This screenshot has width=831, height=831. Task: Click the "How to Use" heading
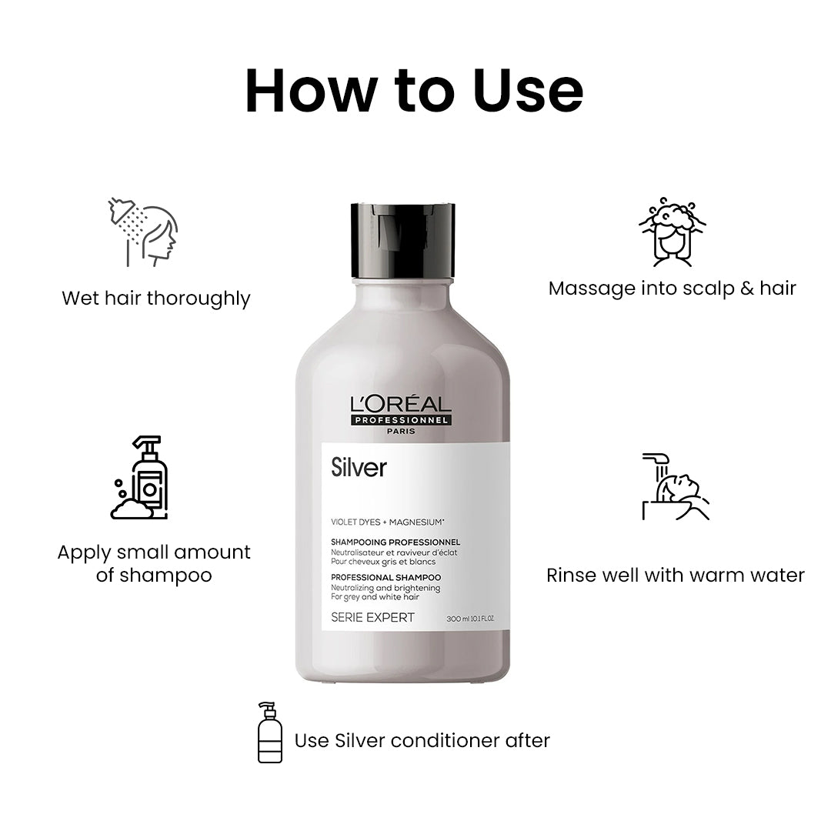[x=414, y=91]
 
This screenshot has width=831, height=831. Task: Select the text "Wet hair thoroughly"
[x=156, y=298]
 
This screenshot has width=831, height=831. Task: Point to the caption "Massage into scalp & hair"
[x=672, y=289]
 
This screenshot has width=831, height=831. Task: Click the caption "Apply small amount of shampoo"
[x=154, y=563]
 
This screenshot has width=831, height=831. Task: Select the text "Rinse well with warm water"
[x=675, y=575]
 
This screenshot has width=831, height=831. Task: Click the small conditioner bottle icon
[x=269, y=732]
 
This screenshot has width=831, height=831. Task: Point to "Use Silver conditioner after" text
[x=422, y=740]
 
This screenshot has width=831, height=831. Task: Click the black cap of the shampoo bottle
[x=402, y=239]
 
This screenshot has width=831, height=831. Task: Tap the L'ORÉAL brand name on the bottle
[x=402, y=404]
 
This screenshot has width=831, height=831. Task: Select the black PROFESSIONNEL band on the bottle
[x=402, y=420]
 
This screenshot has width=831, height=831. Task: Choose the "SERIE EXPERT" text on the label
[x=372, y=617]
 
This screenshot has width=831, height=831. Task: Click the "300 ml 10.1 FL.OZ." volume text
[x=469, y=619]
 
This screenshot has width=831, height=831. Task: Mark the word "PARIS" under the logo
[x=402, y=432]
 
